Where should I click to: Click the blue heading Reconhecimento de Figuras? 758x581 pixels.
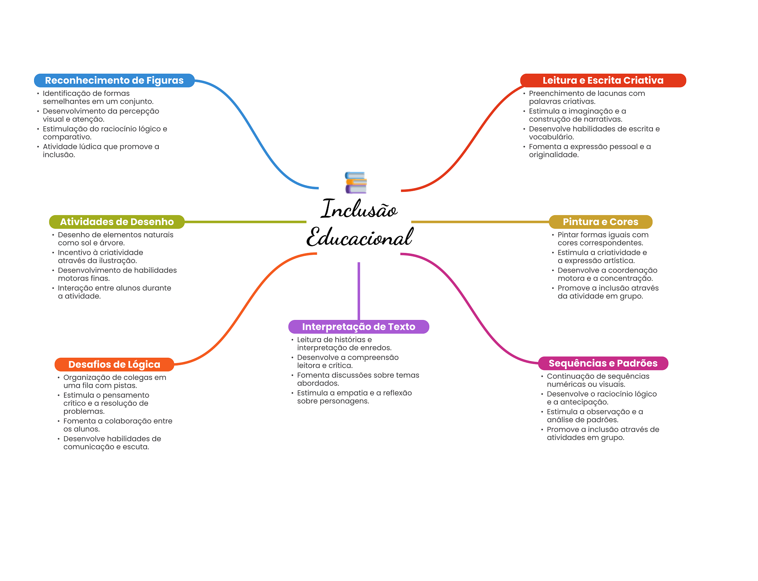click(114, 80)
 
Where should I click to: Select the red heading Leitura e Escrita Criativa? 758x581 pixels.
click(603, 80)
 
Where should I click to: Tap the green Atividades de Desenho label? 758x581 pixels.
click(117, 222)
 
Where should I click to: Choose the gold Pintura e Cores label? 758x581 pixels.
click(600, 222)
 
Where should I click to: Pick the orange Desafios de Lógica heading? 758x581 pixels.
click(114, 364)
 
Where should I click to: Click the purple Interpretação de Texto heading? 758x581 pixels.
click(358, 327)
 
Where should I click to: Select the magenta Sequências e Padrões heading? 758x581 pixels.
click(603, 363)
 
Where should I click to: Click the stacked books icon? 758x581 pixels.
click(356, 183)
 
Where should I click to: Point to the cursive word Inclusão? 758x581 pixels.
click(359, 209)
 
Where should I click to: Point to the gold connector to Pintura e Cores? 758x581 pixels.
click(480, 222)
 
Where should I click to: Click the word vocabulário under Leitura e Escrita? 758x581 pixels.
click(551, 137)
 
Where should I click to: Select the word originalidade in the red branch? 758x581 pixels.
click(553, 155)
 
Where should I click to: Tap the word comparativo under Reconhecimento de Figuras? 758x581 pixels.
click(67, 137)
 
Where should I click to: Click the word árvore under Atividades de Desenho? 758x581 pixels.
click(112, 243)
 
